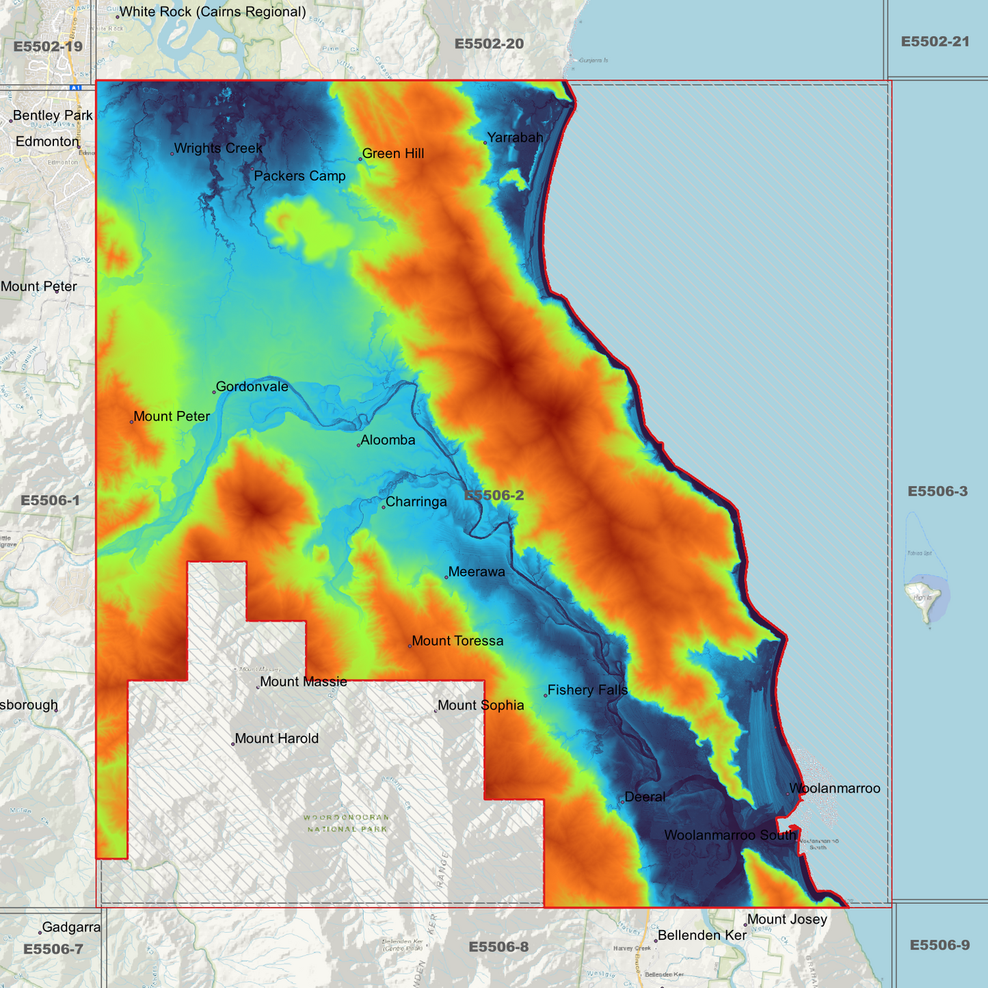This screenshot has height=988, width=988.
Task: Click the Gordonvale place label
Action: click(252, 387)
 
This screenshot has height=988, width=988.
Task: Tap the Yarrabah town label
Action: click(515, 137)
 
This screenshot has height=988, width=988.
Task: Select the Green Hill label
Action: click(393, 154)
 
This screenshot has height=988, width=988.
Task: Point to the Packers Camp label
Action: click(299, 176)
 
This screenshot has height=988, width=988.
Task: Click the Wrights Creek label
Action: click(218, 148)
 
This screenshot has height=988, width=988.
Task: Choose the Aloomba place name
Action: click(388, 440)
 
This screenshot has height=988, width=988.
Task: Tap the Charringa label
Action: click(416, 502)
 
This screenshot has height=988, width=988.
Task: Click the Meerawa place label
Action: click(477, 572)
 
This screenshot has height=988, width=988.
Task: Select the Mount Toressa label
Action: click(457, 641)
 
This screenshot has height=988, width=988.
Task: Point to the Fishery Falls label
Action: click(587, 691)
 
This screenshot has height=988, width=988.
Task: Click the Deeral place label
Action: click(645, 797)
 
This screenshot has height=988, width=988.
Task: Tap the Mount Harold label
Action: click(276, 739)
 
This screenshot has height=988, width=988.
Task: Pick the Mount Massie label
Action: click(303, 682)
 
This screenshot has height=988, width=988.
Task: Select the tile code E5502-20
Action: click(489, 44)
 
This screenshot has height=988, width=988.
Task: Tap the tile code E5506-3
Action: click(937, 492)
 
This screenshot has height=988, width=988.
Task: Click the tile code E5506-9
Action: click(939, 946)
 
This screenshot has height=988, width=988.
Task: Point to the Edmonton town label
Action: click(47, 142)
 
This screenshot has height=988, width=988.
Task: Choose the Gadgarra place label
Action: click(71, 928)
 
